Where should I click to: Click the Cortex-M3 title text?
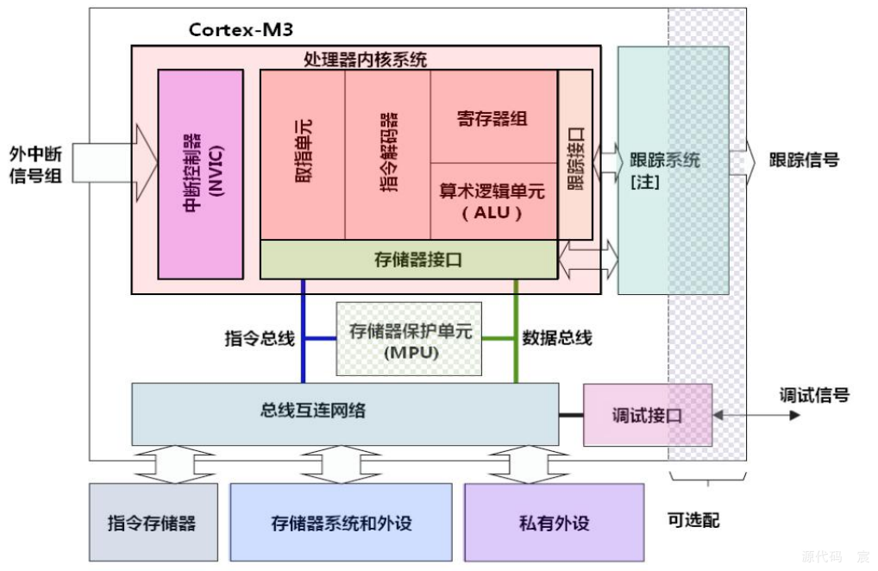241,30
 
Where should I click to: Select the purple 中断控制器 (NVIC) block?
201,174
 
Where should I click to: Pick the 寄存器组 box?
492,118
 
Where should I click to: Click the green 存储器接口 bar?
408,259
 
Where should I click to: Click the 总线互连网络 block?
344,412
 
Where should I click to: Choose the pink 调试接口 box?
647,415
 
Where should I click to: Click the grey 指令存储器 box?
152,523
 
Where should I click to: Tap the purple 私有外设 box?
554,523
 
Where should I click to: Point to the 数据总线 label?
557,339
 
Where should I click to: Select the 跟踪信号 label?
804,160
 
